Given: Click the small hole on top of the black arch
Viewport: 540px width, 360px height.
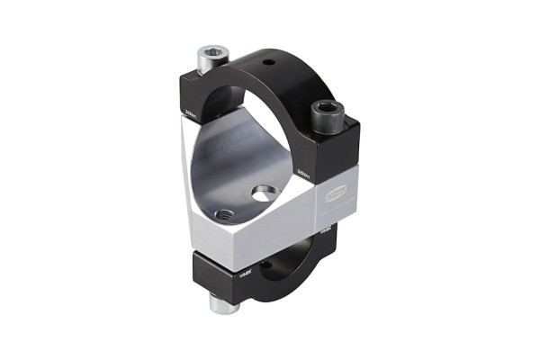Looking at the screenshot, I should [x=266, y=66].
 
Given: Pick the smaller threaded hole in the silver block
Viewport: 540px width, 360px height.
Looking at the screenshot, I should [x=224, y=214].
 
